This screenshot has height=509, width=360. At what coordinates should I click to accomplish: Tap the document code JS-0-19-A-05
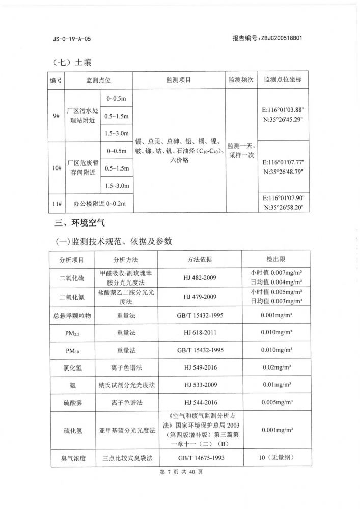tap(72, 39)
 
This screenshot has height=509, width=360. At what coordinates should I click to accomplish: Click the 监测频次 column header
tap(241, 80)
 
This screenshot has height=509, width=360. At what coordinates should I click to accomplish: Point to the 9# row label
tap(56, 116)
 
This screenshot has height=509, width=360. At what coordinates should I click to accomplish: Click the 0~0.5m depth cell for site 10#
tap(116, 151)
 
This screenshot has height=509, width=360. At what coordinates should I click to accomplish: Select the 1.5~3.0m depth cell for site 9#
tap(116, 133)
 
